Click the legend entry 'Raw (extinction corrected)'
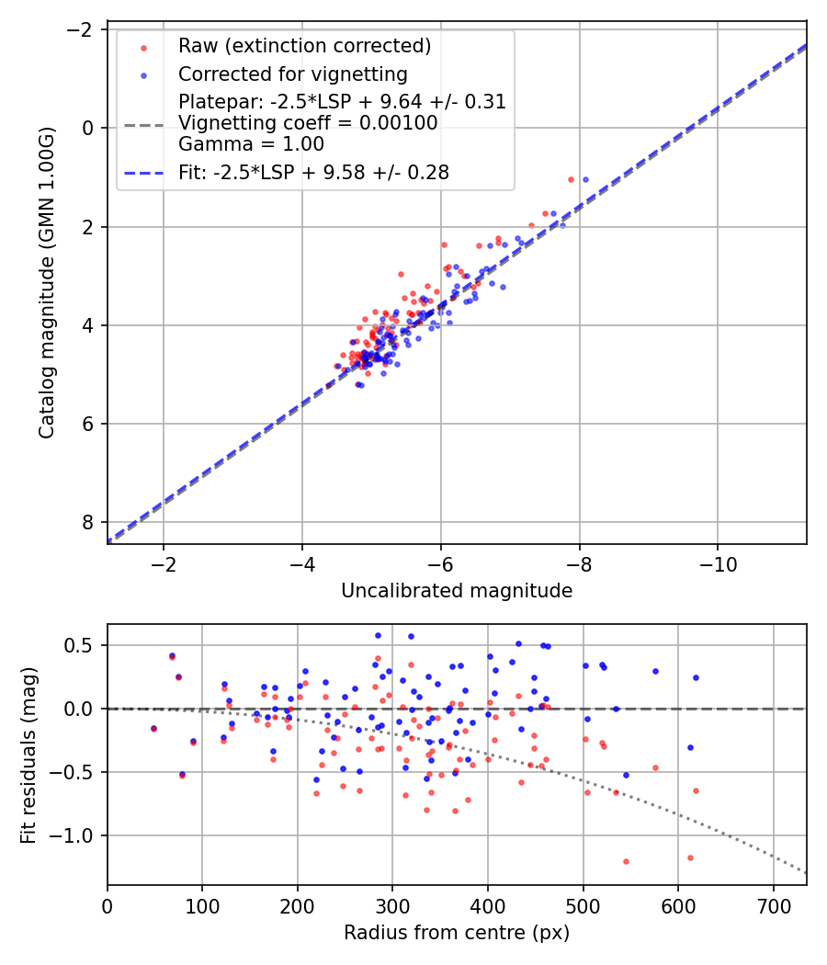304,46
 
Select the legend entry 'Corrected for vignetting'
293,74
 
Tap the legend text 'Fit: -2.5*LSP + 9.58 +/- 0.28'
313,172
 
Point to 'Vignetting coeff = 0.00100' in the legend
308,123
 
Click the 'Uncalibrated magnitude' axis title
457,591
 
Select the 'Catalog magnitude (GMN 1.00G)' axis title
48,283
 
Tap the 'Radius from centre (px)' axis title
457,933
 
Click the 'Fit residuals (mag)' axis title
28,755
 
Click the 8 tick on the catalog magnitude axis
89,522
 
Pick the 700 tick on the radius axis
773,905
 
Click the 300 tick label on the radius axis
392,905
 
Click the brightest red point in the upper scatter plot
571,179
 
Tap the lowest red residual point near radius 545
626,861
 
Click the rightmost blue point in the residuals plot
696,677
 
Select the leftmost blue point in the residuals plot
153,728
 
